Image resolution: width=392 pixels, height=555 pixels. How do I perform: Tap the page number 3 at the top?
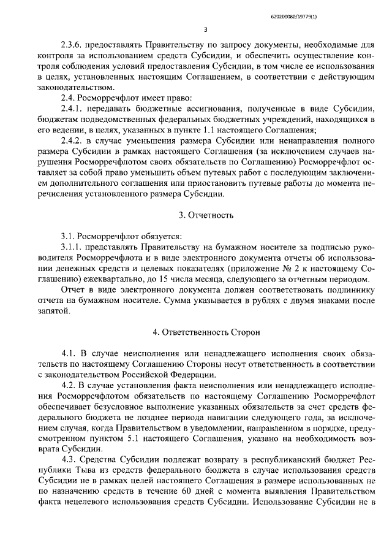point(206,29)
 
